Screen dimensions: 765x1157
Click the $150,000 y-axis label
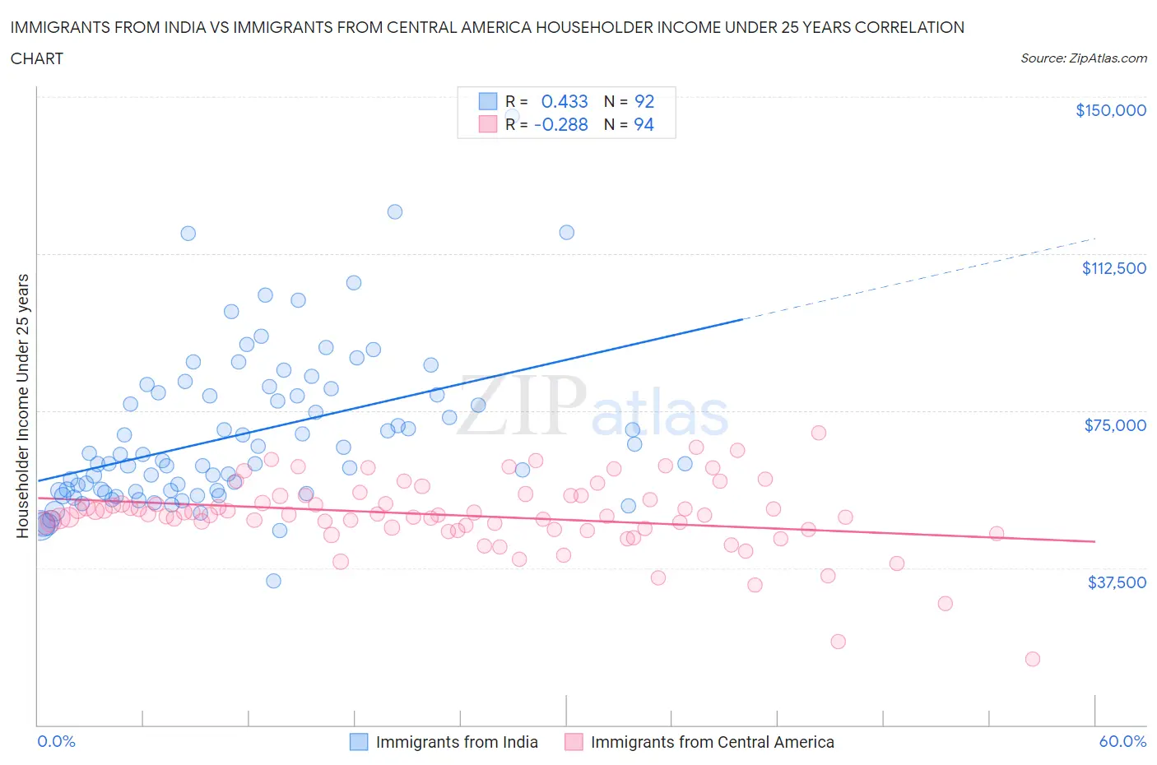coord(1110,110)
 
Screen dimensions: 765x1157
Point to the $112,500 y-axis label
coord(1113,268)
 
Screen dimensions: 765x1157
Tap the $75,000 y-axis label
coord(1115,425)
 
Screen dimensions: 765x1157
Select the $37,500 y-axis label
coord(1116,582)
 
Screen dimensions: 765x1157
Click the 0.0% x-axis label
coord(56,741)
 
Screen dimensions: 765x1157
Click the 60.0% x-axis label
coord(1122,741)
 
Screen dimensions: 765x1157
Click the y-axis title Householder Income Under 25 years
coord(22,406)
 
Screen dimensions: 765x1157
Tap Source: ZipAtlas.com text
coord(1083,58)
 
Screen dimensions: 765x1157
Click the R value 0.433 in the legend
coord(564,101)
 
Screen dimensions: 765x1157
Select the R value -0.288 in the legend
coord(560,124)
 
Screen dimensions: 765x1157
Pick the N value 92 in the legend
coord(644,101)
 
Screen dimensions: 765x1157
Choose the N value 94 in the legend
coord(644,124)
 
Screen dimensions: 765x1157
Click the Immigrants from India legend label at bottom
coord(456,742)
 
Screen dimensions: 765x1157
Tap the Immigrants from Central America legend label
coord(712,742)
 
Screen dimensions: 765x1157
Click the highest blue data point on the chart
coord(395,211)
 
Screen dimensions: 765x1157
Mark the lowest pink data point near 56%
coord(1032,659)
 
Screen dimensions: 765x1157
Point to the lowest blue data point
coord(273,581)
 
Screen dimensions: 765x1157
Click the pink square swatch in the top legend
coord(488,124)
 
